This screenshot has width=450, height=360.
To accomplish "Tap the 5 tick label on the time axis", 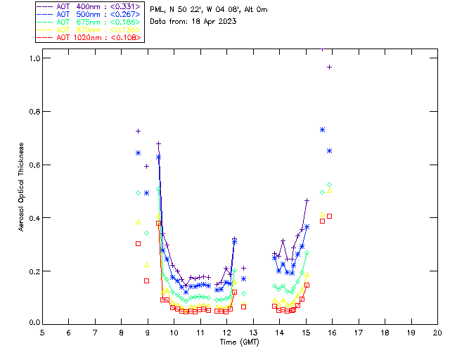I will pyautogui.click(x=42, y=332).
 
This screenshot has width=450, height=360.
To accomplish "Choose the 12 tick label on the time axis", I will pyautogui.click(x=226, y=332).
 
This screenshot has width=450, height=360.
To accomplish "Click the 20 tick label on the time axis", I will pyautogui.click(x=437, y=332).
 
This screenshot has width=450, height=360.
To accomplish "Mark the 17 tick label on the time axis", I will pyautogui.click(x=359, y=332).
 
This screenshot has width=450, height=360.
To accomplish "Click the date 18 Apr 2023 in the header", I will pyautogui.click(x=214, y=22).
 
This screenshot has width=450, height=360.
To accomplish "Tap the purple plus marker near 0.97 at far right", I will pyautogui.click(x=329, y=67).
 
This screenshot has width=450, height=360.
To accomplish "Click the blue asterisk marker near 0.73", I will pyautogui.click(x=322, y=129).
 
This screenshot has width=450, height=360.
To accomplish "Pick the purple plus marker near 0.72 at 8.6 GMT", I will pyautogui.click(x=139, y=131).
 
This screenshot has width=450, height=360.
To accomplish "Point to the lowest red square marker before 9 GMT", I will pyautogui.click(x=146, y=281).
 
